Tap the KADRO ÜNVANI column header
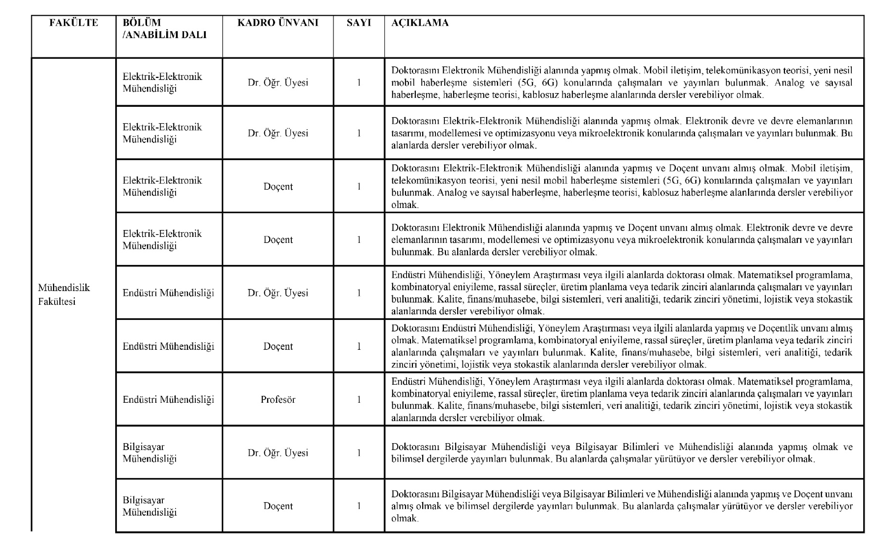pyautogui.click(x=278, y=23)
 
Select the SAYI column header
pyautogui.click(x=359, y=23)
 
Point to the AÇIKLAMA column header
pyautogui.click(x=420, y=23)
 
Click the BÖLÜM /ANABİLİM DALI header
pyautogui.click(x=165, y=29)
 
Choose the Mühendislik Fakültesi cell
pyautogui.click(x=64, y=294)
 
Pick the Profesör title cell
pyautogui.click(x=278, y=399)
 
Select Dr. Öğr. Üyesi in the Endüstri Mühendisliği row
pyautogui.click(x=278, y=293)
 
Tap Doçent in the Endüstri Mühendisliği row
pyautogui.click(x=278, y=346)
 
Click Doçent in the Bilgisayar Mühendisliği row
pyautogui.click(x=278, y=506)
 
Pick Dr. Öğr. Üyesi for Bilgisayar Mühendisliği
pyautogui.click(x=278, y=453)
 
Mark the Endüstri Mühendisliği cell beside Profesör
pyautogui.click(x=168, y=399)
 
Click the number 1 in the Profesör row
pyautogui.click(x=359, y=399)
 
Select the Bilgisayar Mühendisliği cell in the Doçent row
pyautogui.click(x=150, y=506)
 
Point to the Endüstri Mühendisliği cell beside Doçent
pyautogui.click(x=168, y=346)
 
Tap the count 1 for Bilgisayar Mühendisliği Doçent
pyautogui.click(x=359, y=506)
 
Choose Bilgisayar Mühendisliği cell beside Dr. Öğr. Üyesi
pyautogui.click(x=150, y=453)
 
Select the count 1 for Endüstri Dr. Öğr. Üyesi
pyautogui.click(x=359, y=293)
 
